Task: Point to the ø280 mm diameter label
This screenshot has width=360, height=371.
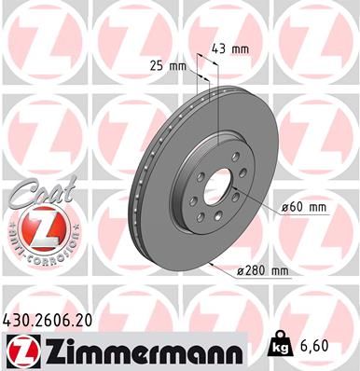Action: [264, 270]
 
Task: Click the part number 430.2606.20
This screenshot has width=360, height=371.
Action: [56, 319]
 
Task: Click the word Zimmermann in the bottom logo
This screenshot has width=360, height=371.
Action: [141, 350]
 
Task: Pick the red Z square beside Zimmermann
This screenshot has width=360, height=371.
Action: [18, 350]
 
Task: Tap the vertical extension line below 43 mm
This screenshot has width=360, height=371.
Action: [217, 103]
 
